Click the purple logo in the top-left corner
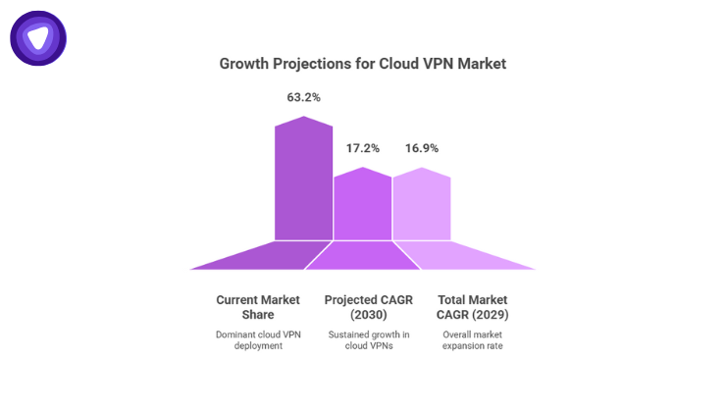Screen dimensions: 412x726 pos(38,38)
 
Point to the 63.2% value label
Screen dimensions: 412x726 pos(303,97)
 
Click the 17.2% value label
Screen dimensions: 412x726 pos(363,148)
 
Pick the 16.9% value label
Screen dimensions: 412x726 pos(422,148)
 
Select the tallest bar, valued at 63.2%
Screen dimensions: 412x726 pos(303,181)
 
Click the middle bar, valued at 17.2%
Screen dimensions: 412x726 pos(363,206)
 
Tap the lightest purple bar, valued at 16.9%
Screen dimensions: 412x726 pos(422,206)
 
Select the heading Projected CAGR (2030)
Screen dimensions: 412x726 pos(363,307)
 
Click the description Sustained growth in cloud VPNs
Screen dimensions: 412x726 pos(363,340)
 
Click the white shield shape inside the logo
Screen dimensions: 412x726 pos(38,38)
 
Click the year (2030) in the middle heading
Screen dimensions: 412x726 pos(363,315)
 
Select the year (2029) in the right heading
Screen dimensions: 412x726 pos(494,315)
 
